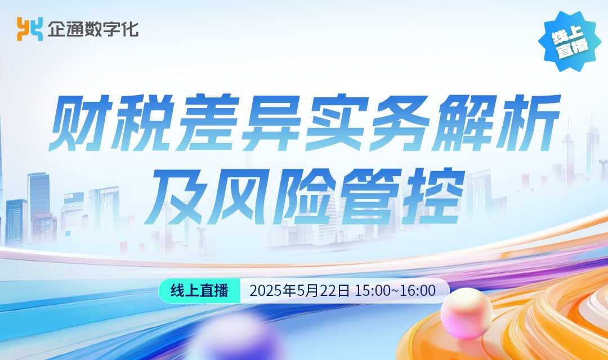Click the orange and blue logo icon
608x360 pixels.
click(30, 29)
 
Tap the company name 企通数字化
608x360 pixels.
click(93, 29)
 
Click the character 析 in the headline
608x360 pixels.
click(528, 123)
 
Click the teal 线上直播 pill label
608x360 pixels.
click(199, 291)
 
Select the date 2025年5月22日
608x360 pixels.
click(299, 291)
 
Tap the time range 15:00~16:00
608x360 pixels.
click(395, 291)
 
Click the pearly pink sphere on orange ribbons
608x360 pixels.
click(467, 313)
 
